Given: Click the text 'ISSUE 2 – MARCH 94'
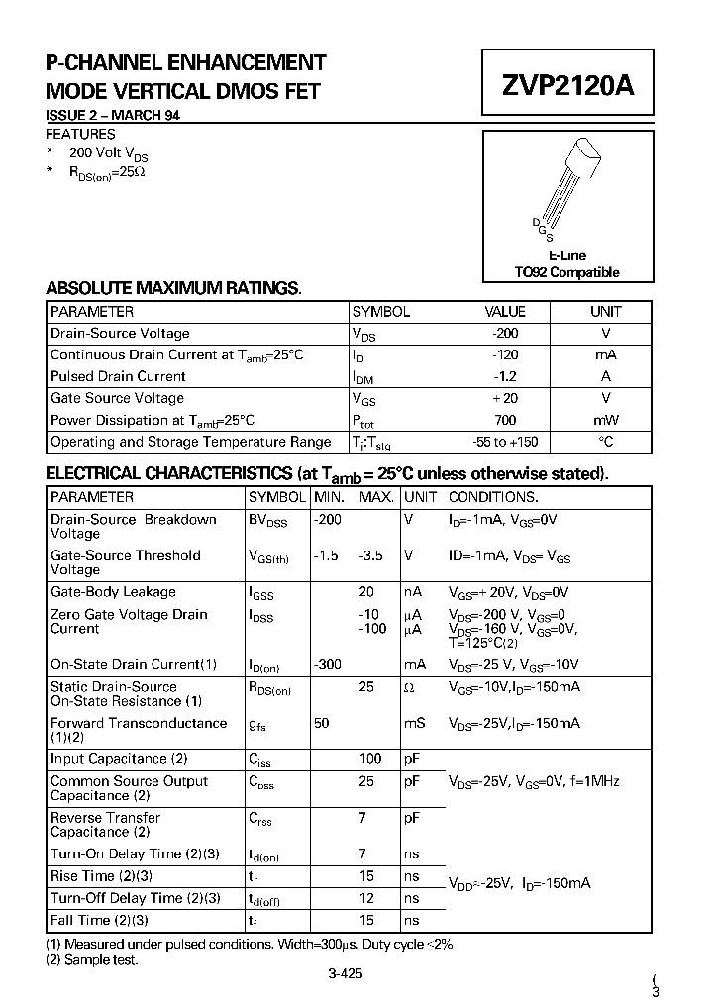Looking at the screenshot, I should coord(113,116).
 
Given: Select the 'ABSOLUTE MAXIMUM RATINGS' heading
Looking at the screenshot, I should coord(173,288).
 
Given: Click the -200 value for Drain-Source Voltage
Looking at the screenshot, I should coord(505,334).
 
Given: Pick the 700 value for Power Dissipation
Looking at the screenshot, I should coord(505,420).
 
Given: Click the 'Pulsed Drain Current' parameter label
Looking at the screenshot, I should coord(118,376).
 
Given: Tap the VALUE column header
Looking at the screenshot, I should coord(505,311).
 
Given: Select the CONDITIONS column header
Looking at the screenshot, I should coord(493,497).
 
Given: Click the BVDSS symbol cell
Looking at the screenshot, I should coord(267,520).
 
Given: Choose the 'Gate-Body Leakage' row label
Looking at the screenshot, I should coord(113,592).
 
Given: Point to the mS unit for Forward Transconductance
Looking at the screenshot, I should coord(415,724).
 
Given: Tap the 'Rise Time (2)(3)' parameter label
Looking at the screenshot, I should coord(99,876).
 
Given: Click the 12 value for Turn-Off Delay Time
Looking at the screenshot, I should coord(366,898).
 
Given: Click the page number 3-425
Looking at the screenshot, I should coord(345,973).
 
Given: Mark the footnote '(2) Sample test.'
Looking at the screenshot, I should coord(92,959).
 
